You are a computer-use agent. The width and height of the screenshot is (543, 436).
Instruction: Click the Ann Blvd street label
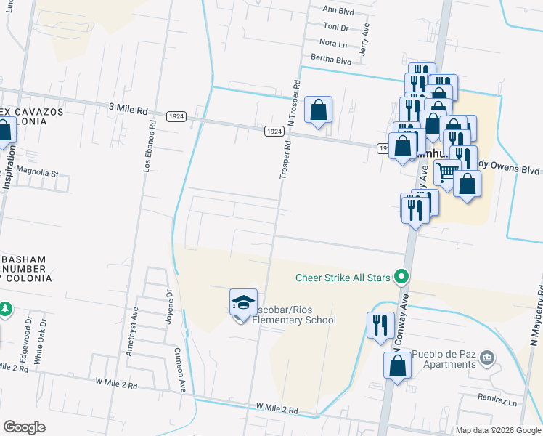click(x=339, y=10)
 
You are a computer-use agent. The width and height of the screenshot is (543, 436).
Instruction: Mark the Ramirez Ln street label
click(x=497, y=402)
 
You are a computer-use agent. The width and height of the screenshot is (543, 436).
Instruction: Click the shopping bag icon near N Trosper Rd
click(x=318, y=110)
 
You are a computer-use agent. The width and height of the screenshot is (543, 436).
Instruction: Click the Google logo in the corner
click(x=24, y=428)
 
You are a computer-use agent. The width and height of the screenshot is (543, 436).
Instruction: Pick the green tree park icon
click(x=4, y=309)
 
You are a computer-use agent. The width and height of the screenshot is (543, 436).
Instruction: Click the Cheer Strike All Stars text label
click(x=343, y=277)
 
